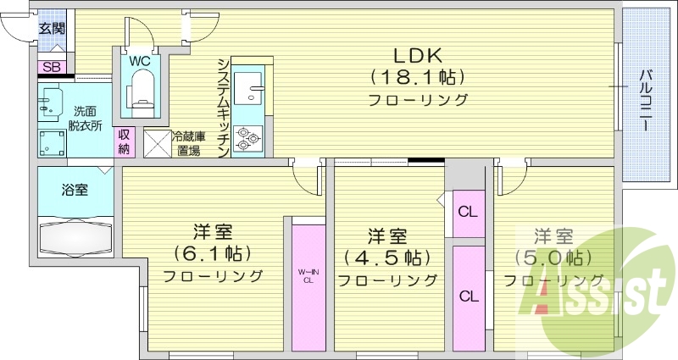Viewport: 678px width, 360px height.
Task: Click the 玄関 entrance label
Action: (52, 28)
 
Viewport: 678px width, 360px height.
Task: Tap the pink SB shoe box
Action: (52, 67)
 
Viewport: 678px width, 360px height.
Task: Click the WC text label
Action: (140, 60)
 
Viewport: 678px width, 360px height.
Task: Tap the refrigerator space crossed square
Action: (157, 142)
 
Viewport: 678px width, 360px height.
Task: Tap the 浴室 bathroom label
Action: (75, 189)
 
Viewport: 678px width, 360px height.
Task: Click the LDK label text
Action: (417, 55)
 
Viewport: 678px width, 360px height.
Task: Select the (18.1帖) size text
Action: (417, 78)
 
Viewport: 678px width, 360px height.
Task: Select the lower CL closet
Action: (467, 296)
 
